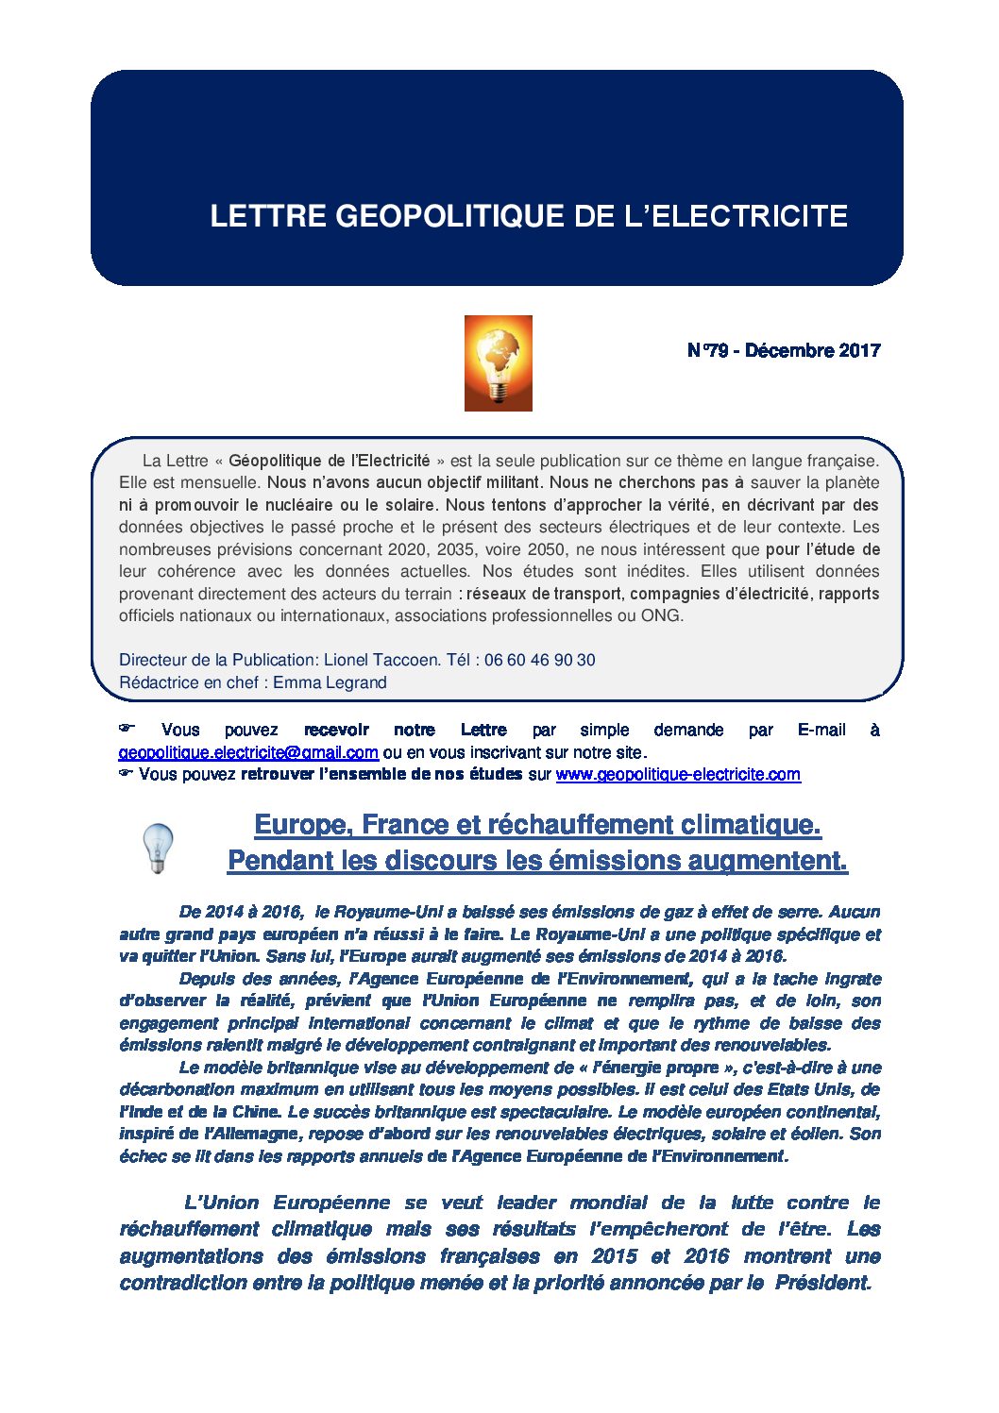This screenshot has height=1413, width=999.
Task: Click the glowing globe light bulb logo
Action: pos(498,363)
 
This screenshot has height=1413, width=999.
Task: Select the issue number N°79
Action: pos(707,351)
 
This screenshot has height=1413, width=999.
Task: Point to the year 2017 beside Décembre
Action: pos(859,351)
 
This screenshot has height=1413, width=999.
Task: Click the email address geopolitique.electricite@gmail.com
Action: pos(248,753)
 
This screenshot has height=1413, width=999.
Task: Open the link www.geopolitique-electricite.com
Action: pos(678,775)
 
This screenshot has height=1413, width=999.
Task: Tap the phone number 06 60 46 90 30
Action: pos(539,661)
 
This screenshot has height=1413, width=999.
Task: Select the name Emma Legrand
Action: pos(330,682)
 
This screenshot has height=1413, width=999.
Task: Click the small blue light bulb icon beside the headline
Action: pos(158,847)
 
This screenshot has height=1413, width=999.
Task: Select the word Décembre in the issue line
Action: pos(788,351)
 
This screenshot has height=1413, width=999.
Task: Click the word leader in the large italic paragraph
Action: pos(527,1203)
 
